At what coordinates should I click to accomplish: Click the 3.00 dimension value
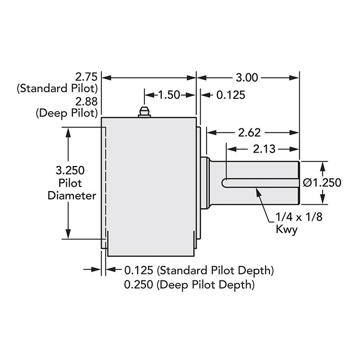(x=247, y=77)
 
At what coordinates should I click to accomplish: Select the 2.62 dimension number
(x=249, y=133)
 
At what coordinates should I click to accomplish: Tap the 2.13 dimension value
(x=264, y=149)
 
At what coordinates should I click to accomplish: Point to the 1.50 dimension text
(x=169, y=95)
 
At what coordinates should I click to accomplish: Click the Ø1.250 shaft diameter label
(x=322, y=183)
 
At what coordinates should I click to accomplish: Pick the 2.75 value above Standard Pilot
(x=86, y=77)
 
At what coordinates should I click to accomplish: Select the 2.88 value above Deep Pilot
(x=86, y=102)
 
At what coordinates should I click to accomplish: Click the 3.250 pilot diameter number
(x=70, y=171)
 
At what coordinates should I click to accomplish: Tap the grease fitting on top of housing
(x=144, y=112)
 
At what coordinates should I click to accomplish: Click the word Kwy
(x=287, y=229)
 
